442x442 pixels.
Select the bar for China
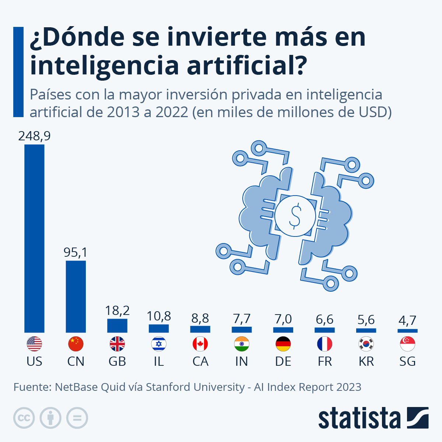(x=76, y=297)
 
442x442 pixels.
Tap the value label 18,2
(x=117, y=311)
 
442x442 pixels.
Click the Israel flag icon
(x=159, y=344)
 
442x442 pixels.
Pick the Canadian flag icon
(x=200, y=344)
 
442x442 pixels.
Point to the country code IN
(x=242, y=361)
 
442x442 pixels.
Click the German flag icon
(x=283, y=344)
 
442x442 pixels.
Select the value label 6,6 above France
(x=325, y=319)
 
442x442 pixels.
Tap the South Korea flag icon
(x=366, y=344)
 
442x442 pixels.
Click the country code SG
(x=407, y=361)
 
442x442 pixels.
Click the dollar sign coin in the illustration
(x=295, y=216)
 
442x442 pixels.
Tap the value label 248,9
(x=34, y=136)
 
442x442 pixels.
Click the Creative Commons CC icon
(x=24, y=418)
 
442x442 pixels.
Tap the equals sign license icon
(x=77, y=418)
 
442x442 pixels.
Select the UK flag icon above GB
(x=117, y=344)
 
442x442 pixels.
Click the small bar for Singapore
(x=407, y=331)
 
